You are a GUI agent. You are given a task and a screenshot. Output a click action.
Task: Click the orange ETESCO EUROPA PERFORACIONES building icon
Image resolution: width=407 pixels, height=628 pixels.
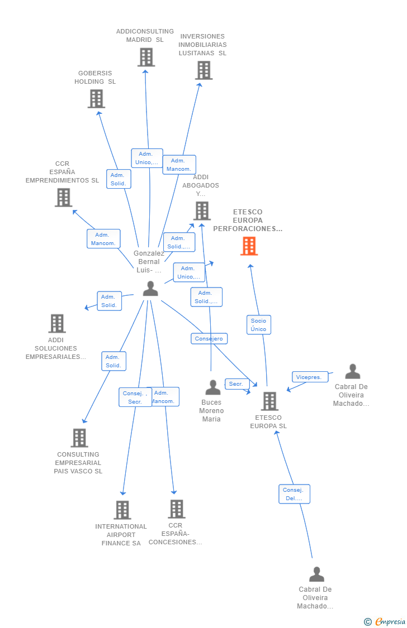[249, 246]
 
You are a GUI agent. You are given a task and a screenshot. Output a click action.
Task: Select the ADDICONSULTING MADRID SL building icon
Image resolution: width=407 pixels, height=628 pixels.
[146, 57]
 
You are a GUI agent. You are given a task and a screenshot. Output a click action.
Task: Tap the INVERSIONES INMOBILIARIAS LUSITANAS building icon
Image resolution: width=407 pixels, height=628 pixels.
[203, 70]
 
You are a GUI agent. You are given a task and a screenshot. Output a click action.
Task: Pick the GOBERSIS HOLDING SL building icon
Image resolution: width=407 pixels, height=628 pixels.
[96, 99]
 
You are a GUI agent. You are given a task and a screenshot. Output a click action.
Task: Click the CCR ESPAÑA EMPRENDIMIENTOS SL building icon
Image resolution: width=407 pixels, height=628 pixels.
[63, 198]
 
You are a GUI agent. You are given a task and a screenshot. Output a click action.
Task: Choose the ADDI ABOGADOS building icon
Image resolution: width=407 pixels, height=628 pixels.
[202, 211]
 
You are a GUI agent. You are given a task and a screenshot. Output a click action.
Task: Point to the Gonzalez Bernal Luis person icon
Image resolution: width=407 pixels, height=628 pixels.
[150, 289]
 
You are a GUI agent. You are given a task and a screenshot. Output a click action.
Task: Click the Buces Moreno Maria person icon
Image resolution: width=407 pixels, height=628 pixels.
[212, 387]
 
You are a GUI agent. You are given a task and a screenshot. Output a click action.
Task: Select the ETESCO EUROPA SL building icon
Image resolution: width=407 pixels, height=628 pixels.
[269, 401]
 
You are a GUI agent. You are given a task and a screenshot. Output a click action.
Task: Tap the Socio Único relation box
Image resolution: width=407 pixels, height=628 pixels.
[259, 325]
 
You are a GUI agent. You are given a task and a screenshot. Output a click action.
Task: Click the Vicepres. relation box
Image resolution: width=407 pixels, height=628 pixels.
[309, 377]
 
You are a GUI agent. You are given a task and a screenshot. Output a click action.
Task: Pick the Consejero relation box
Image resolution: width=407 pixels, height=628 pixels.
[209, 338]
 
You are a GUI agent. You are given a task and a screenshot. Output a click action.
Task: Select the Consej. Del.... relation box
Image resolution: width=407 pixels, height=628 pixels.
[294, 494]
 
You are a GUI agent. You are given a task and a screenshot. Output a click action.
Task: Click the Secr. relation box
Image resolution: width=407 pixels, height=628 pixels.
[236, 384]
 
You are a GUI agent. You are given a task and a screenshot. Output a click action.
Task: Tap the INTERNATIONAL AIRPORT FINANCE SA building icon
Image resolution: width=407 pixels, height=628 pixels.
[122, 510]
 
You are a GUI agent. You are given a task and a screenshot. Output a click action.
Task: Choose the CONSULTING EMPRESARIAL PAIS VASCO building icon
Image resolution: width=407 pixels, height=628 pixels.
[79, 438]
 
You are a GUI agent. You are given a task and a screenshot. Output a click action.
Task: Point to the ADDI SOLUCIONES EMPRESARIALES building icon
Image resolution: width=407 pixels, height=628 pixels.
[56, 323]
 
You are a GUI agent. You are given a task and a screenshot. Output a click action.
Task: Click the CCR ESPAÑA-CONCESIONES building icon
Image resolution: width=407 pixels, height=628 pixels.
[177, 509]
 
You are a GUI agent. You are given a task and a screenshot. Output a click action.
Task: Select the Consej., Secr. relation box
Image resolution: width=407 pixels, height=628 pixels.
[135, 397]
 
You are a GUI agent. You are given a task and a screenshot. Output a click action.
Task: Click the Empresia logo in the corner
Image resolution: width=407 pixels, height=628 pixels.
[386, 621]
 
